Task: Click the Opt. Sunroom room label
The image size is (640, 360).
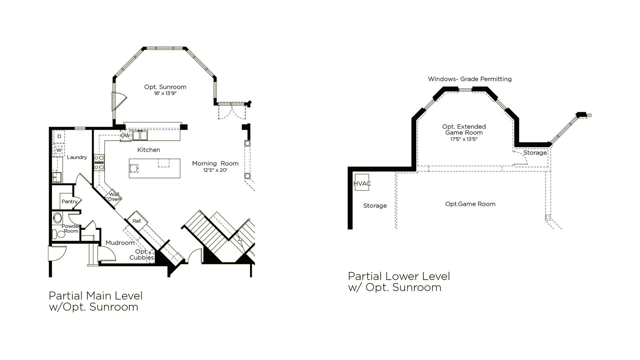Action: pos(165,87)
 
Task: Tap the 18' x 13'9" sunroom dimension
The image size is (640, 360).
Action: pos(165,93)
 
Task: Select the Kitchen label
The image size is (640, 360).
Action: pos(149,150)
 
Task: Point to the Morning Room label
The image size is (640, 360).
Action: pos(215,163)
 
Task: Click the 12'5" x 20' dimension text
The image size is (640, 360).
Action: pos(215,170)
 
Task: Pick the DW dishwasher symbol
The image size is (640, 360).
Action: pos(126,136)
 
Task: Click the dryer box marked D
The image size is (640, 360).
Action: pos(59,136)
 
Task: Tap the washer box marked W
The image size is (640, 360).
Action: pos(59,150)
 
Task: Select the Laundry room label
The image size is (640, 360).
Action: pos(77,157)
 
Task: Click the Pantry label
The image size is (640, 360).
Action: pos(70,201)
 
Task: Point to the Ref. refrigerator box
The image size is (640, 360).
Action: pos(137,221)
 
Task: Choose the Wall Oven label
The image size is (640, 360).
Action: pos(114,197)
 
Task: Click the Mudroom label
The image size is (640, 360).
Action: pos(120,243)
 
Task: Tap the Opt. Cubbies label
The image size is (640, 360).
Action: pos(142,255)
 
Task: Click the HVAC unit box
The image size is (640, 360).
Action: pos(362,182)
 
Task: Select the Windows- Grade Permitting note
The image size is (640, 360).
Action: pos(470,79)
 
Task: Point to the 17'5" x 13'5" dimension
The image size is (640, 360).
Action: pos(464,139)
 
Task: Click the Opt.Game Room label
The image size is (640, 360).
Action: pos(470,204)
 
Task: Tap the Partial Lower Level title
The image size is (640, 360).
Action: pos(399,276)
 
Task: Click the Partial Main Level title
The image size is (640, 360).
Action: pos(96,296)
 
